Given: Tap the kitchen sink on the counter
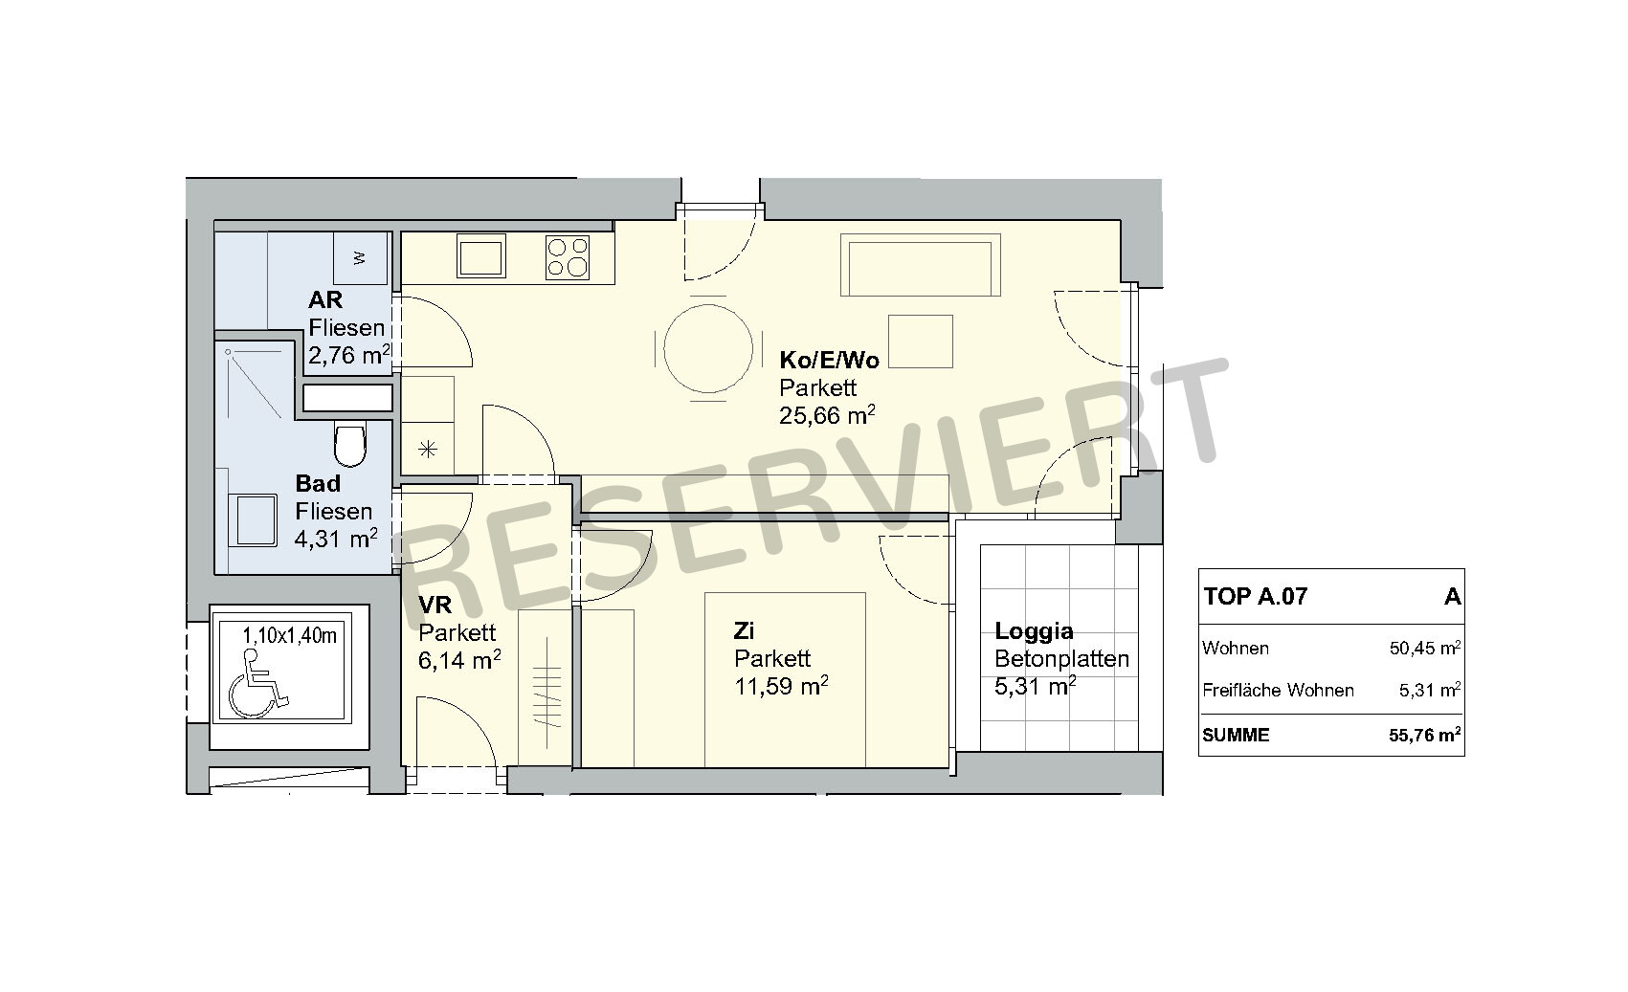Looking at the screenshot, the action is click(481, 255).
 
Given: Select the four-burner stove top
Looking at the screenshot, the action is click(568, 257).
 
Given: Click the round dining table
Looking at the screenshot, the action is click(708, 348).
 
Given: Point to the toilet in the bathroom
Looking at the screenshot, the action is click(349, 444).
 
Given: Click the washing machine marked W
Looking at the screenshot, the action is click(360, 257).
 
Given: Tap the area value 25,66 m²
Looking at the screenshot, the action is click(827, 414).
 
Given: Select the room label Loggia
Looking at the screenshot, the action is click(1034, 630).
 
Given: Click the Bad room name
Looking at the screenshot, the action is click(318, 483).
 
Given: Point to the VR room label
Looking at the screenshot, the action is click(435, 605).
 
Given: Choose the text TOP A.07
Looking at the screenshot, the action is click(1255, 596).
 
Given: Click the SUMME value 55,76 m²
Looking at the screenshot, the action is click(1425, 735).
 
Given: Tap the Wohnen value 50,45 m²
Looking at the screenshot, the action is click(1425, 648).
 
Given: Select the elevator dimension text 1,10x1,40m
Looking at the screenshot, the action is click(289, 635).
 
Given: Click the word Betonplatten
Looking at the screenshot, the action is click(1061, 659).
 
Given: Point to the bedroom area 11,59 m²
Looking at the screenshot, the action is click(781, 686).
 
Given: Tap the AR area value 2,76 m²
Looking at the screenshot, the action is click(349, 354).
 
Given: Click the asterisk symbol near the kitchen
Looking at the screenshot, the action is click(428, 450).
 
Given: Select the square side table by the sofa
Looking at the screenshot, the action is click(921, 342).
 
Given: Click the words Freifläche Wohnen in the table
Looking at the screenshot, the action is click(1278, 690).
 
